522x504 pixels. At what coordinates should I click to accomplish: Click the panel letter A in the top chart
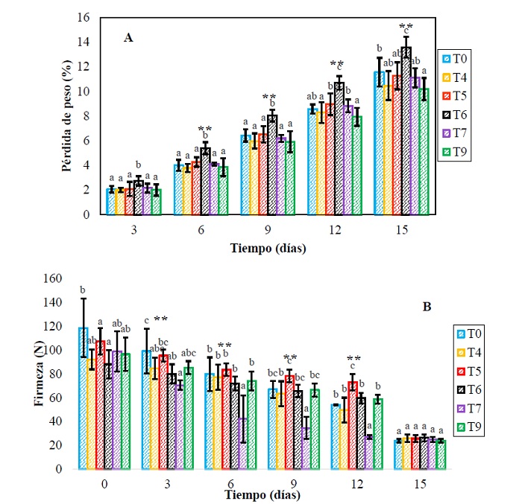128,36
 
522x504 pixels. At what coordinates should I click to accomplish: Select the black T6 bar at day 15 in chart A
406,134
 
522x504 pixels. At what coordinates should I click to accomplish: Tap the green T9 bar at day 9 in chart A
290,179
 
